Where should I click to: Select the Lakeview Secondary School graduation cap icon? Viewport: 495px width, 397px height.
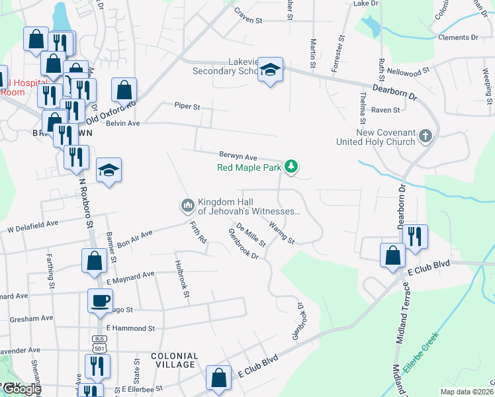point(270,71)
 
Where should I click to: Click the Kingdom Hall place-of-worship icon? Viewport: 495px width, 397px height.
point(187,206)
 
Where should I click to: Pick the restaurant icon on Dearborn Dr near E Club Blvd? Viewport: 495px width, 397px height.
point(415,237)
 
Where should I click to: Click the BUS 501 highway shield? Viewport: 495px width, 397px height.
point(98,344)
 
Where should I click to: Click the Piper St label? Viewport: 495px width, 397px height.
point(187,105)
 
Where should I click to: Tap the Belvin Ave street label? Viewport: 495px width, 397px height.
point(124,123)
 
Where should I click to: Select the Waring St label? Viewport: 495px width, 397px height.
point(281,233)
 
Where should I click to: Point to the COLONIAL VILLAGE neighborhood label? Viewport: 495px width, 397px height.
point(174,360)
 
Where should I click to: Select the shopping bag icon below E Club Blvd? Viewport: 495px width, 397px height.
point(218,378)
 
